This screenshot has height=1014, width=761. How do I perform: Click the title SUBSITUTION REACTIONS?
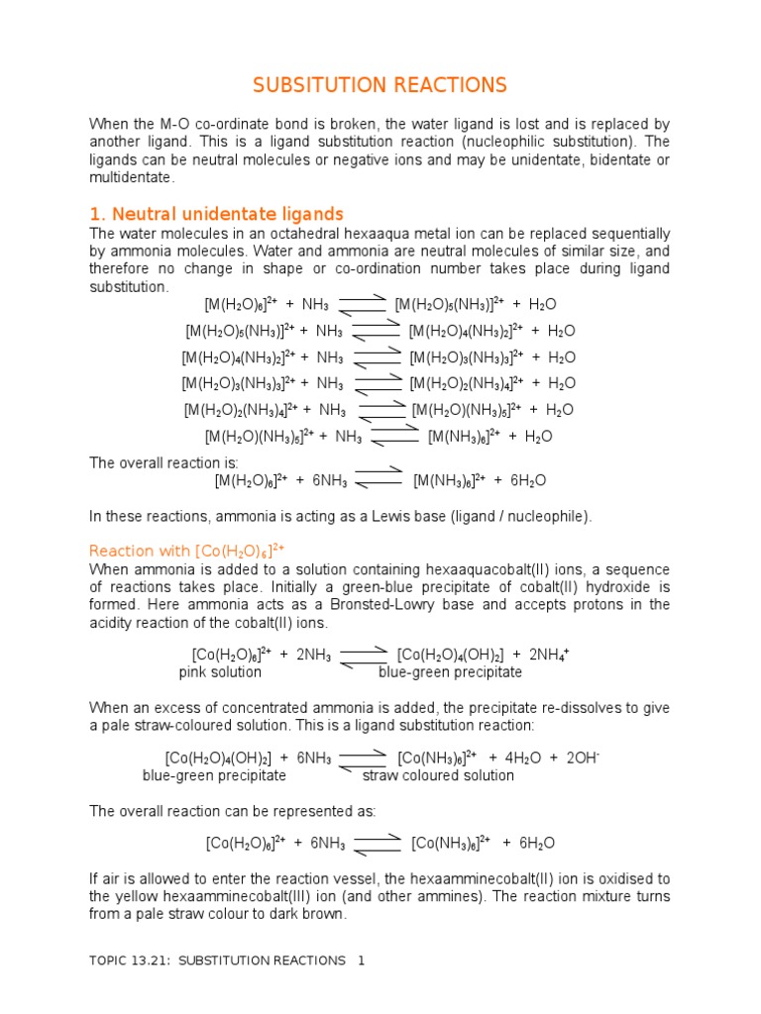click(x=380, y=85)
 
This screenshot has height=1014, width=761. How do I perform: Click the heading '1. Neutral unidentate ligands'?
click(x=216, y=214)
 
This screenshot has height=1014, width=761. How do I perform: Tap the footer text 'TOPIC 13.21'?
click(x=129, y=961)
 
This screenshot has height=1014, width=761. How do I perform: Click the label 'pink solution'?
click(x=220, y=672)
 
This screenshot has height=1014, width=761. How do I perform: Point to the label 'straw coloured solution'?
click(x=438, y=775)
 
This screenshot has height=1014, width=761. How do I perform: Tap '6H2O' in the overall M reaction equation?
click(x=527, y=480)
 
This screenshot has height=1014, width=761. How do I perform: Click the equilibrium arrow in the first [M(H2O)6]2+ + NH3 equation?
click(x=362, y=303)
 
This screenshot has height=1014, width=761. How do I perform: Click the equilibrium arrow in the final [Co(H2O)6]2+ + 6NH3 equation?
click(x=378, y=843)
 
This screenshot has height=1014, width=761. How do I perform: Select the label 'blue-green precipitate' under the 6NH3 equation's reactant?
click(x=214, y=775)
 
